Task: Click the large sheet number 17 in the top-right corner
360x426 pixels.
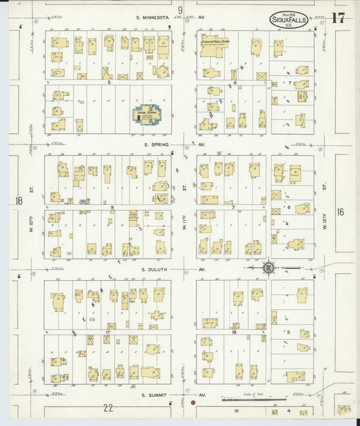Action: pos(338,18)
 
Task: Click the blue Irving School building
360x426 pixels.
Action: pos(145,113)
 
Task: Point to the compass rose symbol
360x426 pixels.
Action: pos(269,268)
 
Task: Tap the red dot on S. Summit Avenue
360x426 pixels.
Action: pos(193,403)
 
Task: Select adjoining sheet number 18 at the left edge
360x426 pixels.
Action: pos(18,201)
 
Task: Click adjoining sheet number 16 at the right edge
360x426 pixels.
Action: pos(340,212)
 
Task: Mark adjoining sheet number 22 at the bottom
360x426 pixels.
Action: pos(108,408)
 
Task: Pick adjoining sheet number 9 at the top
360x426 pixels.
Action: pos(180,9)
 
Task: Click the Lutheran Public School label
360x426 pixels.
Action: pos(215,42)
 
